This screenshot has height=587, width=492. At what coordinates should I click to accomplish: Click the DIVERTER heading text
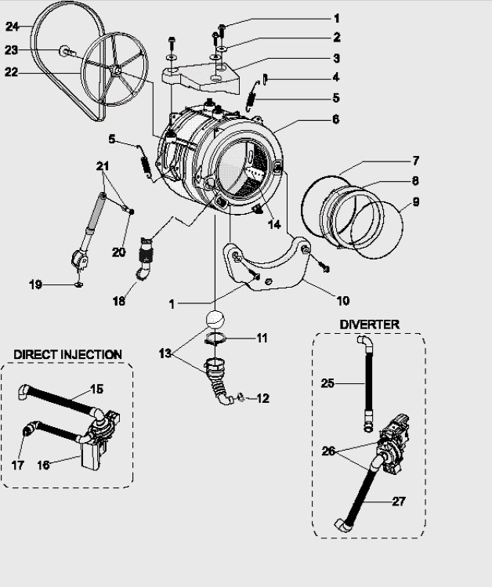(369, 324)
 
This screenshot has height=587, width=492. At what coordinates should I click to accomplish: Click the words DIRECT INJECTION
(67, 354)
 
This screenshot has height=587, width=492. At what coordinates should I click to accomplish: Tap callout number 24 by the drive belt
(12, 27)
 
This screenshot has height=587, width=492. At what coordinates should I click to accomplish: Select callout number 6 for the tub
(335, 119)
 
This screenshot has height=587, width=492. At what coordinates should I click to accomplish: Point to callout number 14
(274, 224)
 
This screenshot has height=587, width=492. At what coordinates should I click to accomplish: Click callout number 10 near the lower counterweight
(342, 300)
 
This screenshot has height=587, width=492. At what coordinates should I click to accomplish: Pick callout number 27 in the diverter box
(399, 502)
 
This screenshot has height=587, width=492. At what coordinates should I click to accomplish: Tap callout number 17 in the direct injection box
(17, 466)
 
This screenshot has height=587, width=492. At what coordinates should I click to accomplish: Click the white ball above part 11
(215, 319)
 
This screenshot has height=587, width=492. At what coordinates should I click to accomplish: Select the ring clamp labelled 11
(215, 339)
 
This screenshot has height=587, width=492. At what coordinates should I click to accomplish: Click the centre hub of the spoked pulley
(117, 70)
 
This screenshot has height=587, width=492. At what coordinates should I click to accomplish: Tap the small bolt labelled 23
(66, 51)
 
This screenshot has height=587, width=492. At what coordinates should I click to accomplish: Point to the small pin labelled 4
(265, 79)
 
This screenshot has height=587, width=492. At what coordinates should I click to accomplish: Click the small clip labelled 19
(78, 285)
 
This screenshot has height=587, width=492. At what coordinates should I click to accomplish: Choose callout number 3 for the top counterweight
(336, 59)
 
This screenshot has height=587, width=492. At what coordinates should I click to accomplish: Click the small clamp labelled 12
(241, 397)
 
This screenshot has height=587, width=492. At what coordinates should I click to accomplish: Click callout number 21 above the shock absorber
(103, 166)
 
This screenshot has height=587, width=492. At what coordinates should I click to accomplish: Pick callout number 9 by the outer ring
(416, 202)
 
